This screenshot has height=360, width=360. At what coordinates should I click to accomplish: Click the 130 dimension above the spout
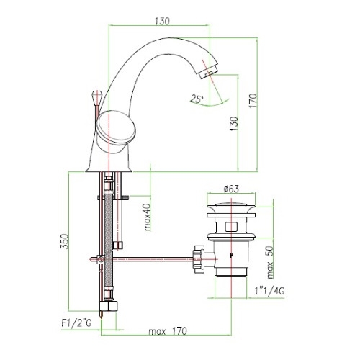tap(162, 21)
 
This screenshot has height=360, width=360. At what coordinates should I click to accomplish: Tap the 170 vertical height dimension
tap(253, 101)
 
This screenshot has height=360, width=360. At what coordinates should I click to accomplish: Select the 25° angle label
tap(197, 99)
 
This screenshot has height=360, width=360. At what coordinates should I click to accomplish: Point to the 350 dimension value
tap(65, 241)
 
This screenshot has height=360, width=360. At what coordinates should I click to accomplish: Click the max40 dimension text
tap(148, 217)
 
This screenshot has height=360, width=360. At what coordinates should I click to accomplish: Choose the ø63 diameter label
tap(231, 189)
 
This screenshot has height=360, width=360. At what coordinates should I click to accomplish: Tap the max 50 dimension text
tap(270, 262)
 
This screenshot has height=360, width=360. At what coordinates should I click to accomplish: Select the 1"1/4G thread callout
tap(269, 291)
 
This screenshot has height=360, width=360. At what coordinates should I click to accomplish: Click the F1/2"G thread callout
tap(76, 323)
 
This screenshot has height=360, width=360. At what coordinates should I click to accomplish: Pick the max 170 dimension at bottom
tap(168, 331)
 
